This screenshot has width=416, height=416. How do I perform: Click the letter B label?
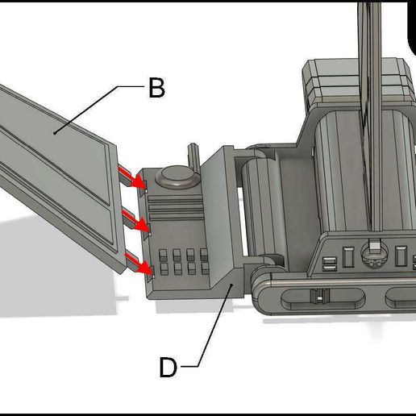(156, 88)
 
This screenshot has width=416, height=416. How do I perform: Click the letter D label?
(167, 368)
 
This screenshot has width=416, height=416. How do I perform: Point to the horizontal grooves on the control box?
(173, 210)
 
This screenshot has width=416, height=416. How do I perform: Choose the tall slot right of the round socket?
(401, 256)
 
